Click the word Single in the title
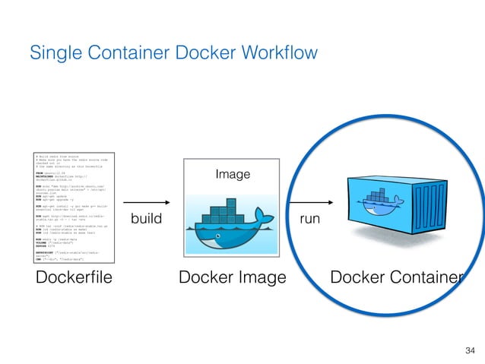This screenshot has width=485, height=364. [x=52, y=53]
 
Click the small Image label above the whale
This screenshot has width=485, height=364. [x=233, y=175]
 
